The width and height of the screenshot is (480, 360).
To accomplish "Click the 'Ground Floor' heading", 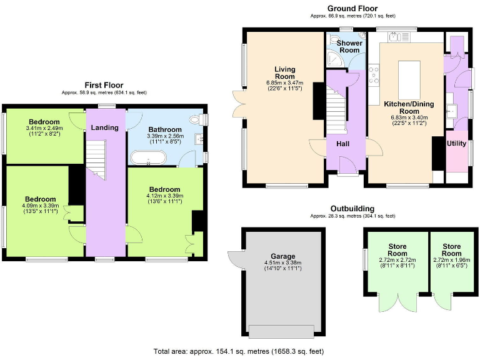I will point(352,8).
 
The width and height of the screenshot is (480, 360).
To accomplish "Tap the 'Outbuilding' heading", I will point(352,209).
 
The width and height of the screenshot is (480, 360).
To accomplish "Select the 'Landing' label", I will point(104,127).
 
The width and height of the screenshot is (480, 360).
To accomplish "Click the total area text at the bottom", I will point(239,351).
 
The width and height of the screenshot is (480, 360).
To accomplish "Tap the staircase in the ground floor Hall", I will point(337,109).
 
